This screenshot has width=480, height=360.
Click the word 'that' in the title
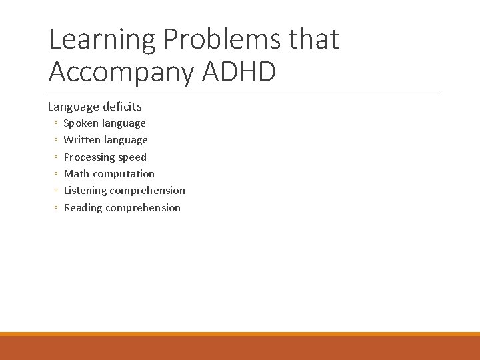(x=314, y=39)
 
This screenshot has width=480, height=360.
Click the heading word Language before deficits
(x=72, y=107)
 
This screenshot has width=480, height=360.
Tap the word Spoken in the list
(x=81, y=123)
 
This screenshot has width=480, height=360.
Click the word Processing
(x=89, y=157)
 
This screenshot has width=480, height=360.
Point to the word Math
(x=77, y=174)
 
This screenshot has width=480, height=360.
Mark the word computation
(x=124, y=174)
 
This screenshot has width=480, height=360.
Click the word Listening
(x=85, y=191)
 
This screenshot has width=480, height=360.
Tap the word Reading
(x=83, y=208)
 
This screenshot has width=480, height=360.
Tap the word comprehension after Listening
(x=148, y=191)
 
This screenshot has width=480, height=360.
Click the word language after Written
(x=126, y=140)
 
